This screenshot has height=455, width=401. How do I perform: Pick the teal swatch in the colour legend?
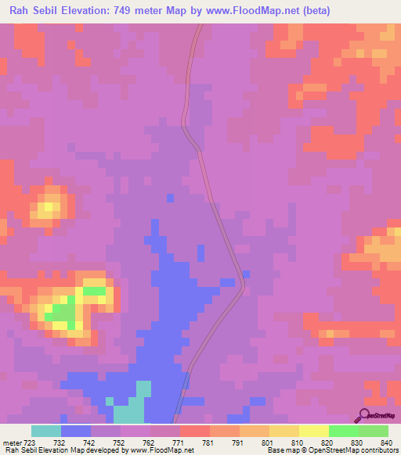coord(46,431)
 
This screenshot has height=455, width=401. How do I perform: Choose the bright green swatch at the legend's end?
coord(373,431)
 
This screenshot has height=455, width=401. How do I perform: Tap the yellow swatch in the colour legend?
coord(313,431)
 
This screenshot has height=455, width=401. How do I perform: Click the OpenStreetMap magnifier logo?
coord(363,414)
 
